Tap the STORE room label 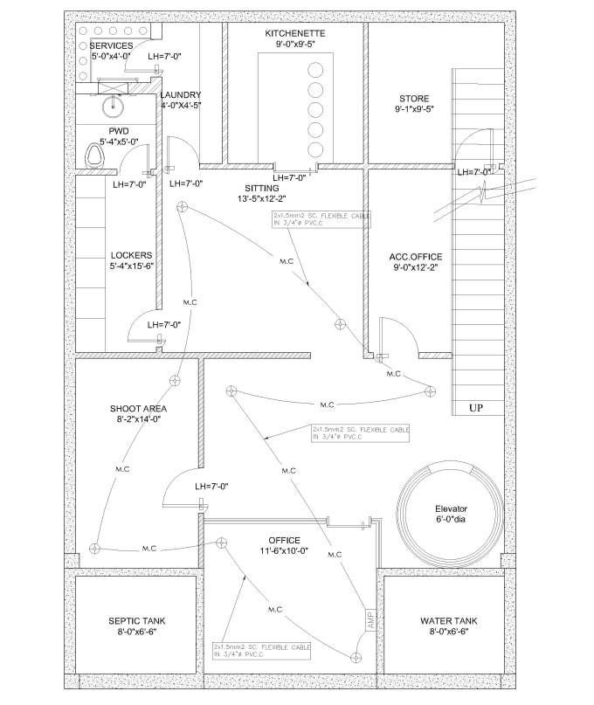[x=414, y=98]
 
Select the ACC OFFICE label [x=416, y=257]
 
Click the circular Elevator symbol [x=451, y=508]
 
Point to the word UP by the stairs [x=476, y=408]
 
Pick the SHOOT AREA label [x=138, y=408]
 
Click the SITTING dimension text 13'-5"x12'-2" [x=262, y=199]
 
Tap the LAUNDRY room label [x=181, y=94]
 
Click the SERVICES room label [x=111, y=45]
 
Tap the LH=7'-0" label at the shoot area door [x=212, y=486]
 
